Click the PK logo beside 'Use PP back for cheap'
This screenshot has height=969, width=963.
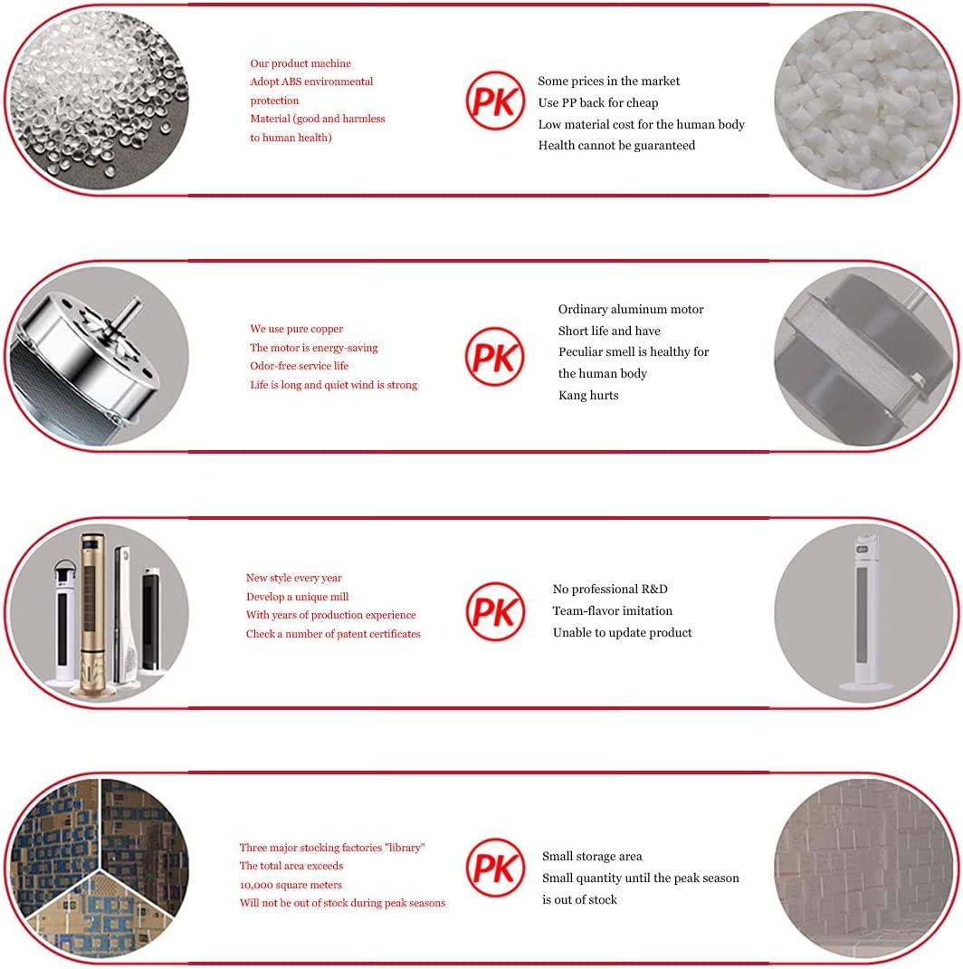(x=495, y=101)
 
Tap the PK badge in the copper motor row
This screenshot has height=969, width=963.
(x=495, y=357)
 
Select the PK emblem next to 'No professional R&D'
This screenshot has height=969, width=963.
(x=495, y=612)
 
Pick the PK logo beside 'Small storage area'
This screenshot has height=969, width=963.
(x=495, y=868)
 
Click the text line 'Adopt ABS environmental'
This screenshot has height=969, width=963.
(x=311, y=82)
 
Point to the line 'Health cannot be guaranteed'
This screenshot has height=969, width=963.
(x=616, y=145)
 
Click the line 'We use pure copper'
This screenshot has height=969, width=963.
(x=297, y=329)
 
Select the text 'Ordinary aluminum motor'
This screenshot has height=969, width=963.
(x=631, y=309)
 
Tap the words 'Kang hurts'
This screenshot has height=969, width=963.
(x=588, y=395)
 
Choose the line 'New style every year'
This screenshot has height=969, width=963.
(x=293, y=578)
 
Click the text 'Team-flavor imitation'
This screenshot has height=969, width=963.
(x=612, y=610)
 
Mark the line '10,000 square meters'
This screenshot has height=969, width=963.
(x=291, y=885)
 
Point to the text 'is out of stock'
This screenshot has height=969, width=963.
(x=579, y=900)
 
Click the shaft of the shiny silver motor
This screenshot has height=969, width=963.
(x=126, y=316)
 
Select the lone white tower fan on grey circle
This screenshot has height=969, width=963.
(x=865, y=612)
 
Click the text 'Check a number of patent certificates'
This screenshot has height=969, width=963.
(x=333, y=633)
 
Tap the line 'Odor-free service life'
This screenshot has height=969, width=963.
(x=299, y=366)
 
